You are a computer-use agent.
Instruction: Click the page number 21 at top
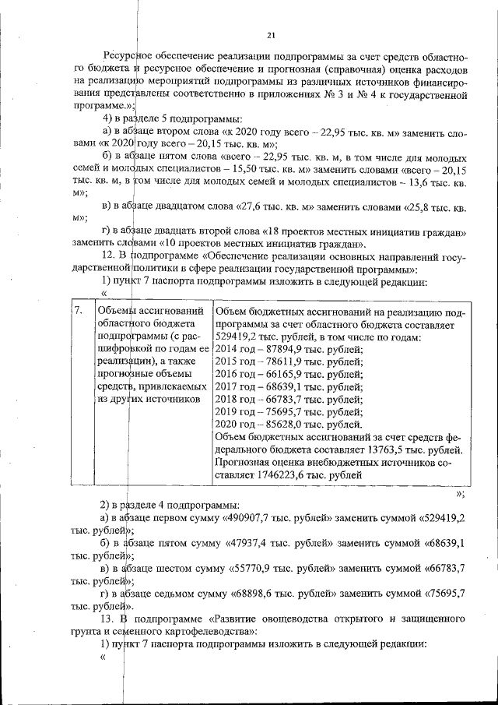(271, 35)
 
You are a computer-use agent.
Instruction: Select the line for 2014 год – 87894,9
(287, 350)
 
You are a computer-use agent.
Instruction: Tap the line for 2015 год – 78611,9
(287, 362)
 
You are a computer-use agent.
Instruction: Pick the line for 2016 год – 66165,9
(287, 375)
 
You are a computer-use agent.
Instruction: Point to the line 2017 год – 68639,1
(287, 387)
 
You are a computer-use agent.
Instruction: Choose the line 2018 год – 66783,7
(287, 400)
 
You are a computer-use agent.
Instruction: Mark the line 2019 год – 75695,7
(287, 412)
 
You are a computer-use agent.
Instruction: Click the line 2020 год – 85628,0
(287, 425)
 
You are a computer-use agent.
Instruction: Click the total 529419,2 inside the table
(238, 337)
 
